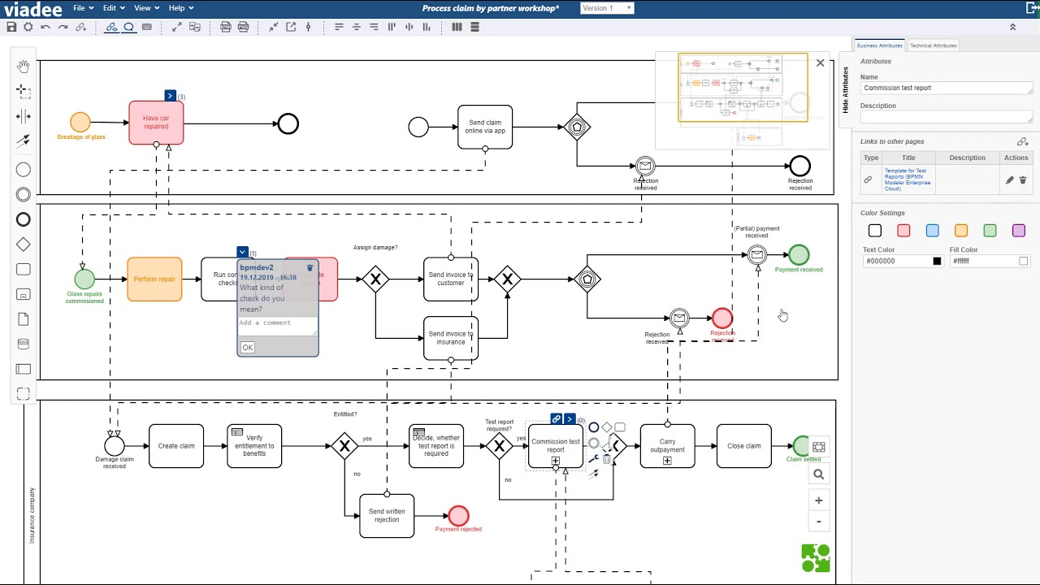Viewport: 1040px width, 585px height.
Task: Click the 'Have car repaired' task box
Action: click(x=156, y=123)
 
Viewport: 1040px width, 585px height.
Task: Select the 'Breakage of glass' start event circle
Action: click(x=80, y=123)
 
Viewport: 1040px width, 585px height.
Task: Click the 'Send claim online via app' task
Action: click(x=485, y=127)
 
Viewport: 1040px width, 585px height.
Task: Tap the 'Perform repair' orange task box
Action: click(x=154, y=279)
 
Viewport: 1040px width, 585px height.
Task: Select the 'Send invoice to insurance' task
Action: click(x=451, y=338)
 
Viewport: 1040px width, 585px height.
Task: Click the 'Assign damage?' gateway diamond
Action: click(x=375, y=280)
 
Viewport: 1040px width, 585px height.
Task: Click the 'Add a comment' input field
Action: click(x=277, y=323)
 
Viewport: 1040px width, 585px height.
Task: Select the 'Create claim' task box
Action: click(x=176, y=446)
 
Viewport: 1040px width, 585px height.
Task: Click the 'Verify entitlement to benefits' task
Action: click(x=254, y=446)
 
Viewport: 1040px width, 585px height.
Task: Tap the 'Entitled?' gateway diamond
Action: click(x=344, y=446)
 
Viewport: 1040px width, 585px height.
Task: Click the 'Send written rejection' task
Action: click(x=387, y=516)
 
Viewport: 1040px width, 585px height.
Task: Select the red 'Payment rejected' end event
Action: click(x=458, y=516)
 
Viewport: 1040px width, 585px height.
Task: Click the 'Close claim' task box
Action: click(x=743, y=446)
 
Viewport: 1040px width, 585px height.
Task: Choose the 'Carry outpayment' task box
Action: click(x=667, y=446)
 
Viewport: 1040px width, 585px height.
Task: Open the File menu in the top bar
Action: click(x=83, y=8)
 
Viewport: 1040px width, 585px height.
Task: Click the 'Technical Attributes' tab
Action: click(x=933, y=45)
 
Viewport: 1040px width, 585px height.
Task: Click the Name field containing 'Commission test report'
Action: click(x=946, y=88)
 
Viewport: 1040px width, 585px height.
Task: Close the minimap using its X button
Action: click(x=820, y=63)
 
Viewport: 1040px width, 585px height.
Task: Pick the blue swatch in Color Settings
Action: click(x=932, y=231)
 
